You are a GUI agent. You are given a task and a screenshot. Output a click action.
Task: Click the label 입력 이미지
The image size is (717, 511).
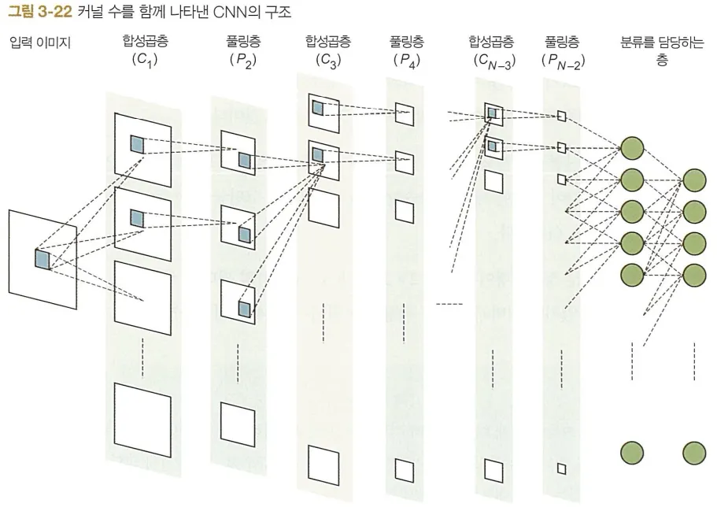40,43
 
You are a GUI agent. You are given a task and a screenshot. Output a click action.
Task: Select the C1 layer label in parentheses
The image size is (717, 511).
146,59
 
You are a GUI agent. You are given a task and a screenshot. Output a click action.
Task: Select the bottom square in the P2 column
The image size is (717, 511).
238,423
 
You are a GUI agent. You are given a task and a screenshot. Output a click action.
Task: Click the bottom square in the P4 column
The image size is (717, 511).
404,469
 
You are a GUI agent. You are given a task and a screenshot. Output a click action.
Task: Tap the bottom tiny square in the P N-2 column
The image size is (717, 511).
561,469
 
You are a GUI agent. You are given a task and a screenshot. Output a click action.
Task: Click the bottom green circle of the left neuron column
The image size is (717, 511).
633,453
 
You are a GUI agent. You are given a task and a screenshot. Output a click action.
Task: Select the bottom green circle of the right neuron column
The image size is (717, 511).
694,453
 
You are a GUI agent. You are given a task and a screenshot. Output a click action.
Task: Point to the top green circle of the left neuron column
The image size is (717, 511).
633,148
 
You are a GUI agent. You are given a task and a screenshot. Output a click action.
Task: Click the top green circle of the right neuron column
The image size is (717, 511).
694,180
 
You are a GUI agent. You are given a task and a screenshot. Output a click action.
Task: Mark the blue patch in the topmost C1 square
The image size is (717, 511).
138,144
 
